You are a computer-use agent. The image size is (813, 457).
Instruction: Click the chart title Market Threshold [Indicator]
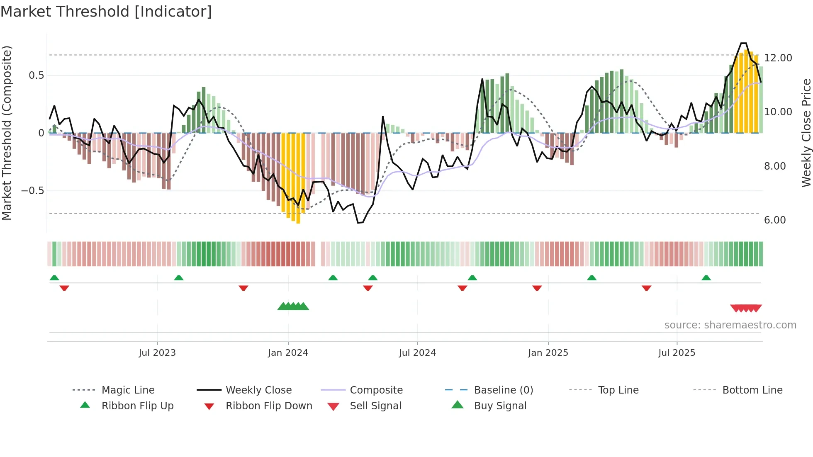(106, 12)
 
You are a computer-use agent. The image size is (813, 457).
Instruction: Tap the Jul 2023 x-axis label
(157, 353)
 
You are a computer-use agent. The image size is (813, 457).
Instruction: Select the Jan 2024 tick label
(288, 353)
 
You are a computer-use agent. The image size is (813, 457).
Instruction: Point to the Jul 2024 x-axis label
(417, 353)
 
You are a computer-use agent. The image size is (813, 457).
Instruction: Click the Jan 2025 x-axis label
(548, 353)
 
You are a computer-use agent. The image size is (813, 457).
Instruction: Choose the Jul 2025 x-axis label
(677, 353)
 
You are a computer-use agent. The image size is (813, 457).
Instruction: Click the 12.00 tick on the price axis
(778, 58)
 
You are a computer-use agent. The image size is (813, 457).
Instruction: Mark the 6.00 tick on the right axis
(775, 220)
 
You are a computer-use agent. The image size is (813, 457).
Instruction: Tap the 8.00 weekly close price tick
(775, 166)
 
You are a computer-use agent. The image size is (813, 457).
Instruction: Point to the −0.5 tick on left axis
(32, 191)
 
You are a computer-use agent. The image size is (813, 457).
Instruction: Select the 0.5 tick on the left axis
(36, 75)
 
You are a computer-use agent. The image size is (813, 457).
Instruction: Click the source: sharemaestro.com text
(730, 325)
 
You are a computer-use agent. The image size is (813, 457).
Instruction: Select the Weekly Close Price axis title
(806, 133)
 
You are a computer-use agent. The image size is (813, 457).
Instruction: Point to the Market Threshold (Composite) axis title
(7, 133)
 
